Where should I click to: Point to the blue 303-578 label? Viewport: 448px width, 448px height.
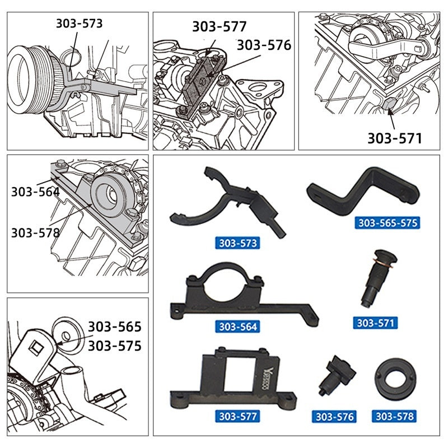click(395, 417)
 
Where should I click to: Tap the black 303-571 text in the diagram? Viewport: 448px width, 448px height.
click(394, 138)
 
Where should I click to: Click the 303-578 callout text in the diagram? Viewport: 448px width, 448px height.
click(35, 232)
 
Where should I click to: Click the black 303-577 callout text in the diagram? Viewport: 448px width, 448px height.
click(220, 26)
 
